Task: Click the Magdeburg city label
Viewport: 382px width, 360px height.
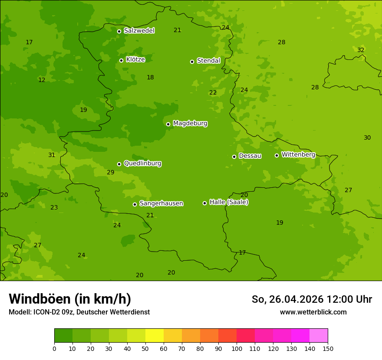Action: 190,124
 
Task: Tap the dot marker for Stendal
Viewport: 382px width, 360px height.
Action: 192,62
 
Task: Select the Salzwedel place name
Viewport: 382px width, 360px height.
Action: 139,31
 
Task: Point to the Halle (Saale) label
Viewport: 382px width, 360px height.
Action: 229,202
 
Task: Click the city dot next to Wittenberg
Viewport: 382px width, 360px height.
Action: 277,155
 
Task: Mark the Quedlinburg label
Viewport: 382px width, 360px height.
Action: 142,164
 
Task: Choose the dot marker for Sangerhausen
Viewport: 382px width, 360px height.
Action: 135,204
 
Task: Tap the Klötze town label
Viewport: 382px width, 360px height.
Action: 135,60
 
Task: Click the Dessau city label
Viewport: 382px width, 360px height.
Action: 250,156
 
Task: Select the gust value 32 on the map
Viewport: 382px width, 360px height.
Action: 361,50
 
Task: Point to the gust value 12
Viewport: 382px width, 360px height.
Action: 42,80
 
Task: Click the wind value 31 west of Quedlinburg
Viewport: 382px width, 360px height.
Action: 52,155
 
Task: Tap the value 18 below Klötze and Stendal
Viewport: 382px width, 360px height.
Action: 150,78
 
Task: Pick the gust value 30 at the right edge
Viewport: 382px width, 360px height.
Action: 367,138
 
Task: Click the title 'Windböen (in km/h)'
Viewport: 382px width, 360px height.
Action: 70,299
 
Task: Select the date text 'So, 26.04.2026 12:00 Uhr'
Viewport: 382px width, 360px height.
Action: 312,299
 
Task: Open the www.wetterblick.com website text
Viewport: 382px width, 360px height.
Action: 313,312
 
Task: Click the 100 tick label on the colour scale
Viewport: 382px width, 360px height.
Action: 237,348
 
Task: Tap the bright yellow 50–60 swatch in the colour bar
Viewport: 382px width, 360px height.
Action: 155,336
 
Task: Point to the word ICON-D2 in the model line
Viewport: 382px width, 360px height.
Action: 46,312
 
